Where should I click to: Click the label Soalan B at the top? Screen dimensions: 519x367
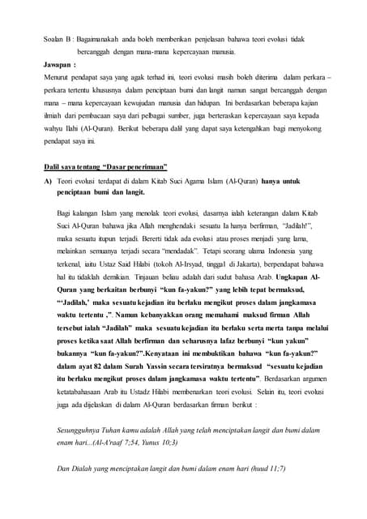pyautogui.click(x=58, y=38)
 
